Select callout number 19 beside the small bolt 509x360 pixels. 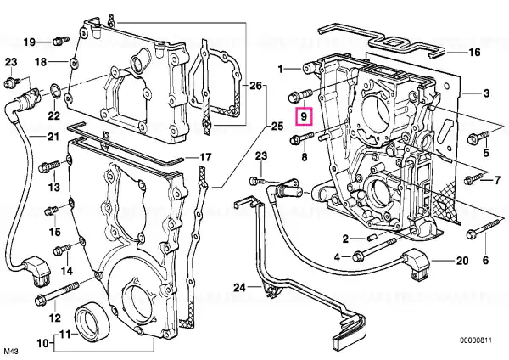(29, 42)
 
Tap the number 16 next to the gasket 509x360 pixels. (474, 52)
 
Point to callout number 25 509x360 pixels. (277, 127)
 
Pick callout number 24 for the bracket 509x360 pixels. (239, 289)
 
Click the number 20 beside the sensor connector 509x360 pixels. (462, 260)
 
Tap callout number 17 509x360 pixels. (204, 157)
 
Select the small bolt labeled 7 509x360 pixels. (468, 179)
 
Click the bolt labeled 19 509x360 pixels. (59, 39)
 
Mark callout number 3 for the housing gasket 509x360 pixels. (488, 92)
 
